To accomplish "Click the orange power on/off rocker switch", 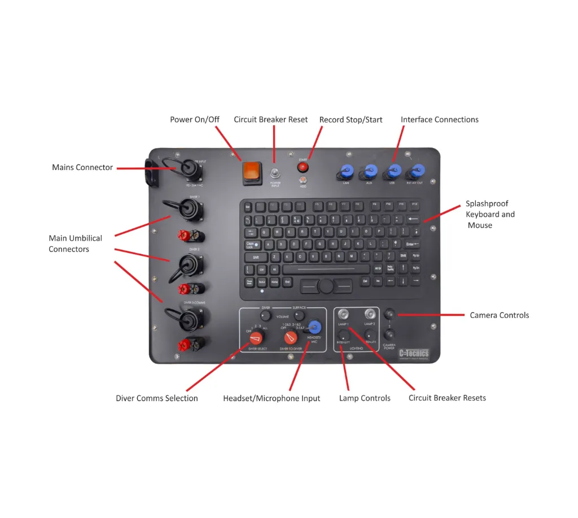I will tap(252, 173).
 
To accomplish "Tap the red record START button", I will tap(303, 167).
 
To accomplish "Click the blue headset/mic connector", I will tap(315, 327).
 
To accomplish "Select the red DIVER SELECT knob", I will tap(257, 338).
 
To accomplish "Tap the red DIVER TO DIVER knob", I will tap(290, 338).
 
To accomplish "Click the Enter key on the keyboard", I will tap(413, 244).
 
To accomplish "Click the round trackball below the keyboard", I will tap(326, 286).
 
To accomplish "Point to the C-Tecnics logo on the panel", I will tap(413, 354).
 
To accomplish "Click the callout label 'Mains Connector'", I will tap(82, 167).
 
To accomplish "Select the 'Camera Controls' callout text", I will tap(500, 315).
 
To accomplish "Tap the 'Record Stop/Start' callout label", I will tap(351, 120).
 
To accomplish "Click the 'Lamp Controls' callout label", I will tap(365, 398).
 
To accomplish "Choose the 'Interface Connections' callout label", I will tap(440, 120).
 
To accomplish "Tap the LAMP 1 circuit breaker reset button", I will tap(343, 314).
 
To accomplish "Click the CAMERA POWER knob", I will tap(389, 334).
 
